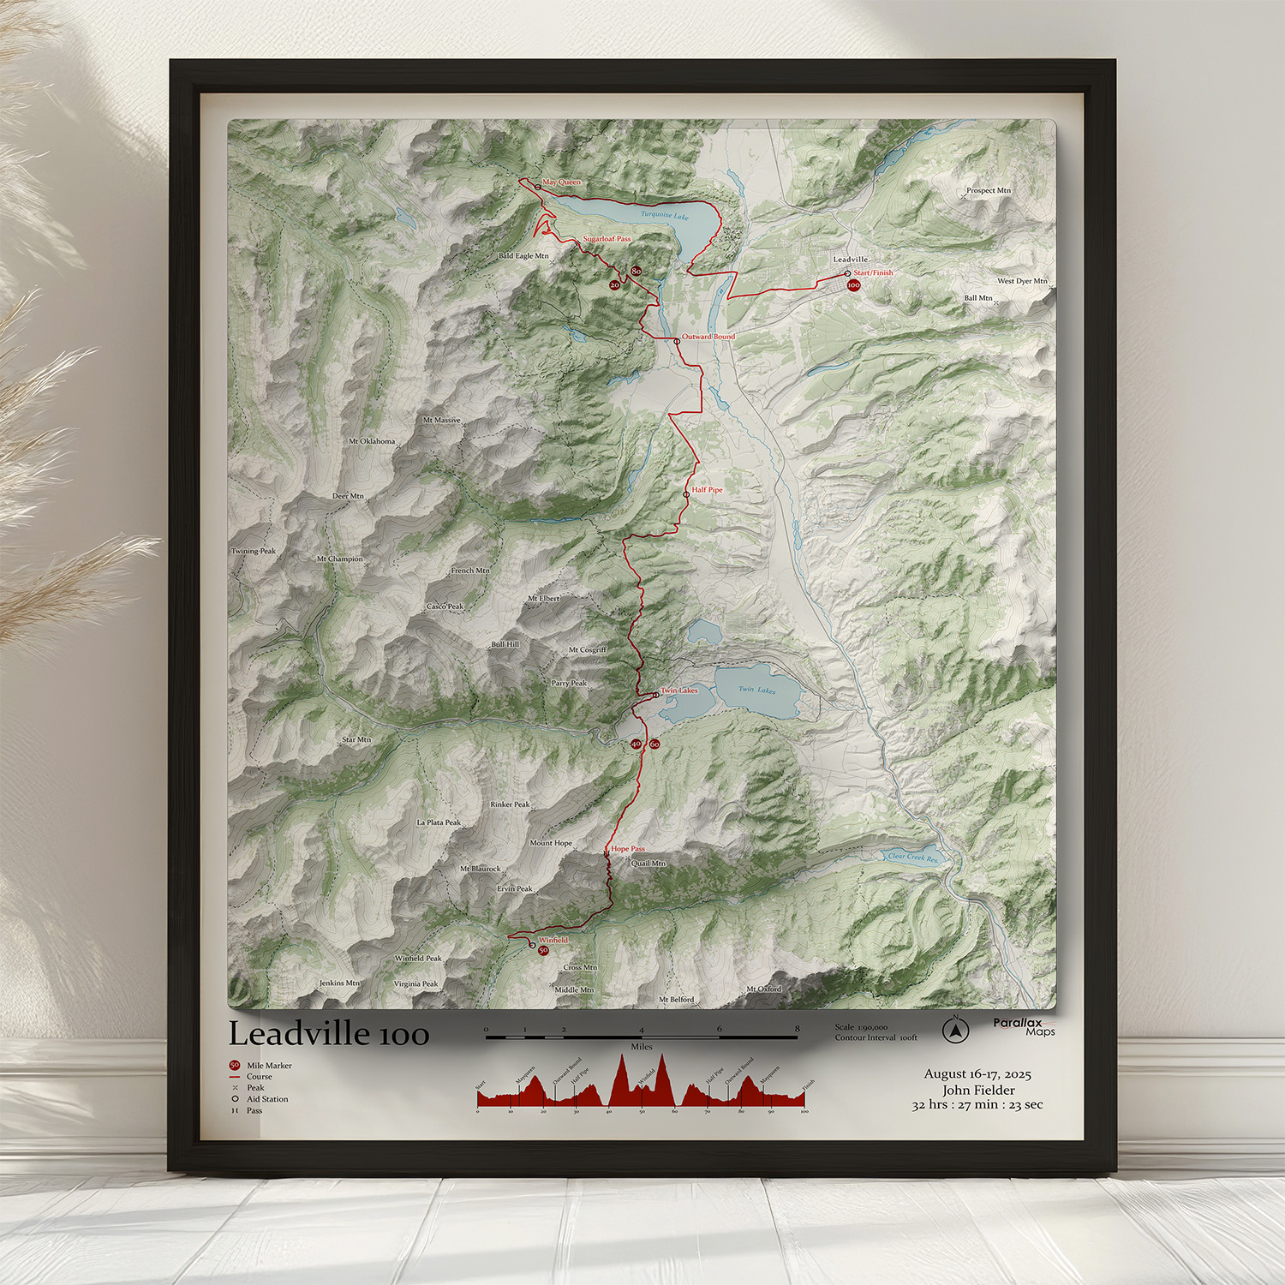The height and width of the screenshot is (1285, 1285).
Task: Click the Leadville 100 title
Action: click(328, 1034)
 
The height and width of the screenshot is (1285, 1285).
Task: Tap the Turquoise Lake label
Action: click(665, 215)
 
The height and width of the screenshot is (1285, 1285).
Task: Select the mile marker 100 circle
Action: click(853, 285)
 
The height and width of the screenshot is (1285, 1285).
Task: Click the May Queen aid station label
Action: click(561, 182)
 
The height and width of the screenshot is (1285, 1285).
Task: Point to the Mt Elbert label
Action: click(544, 599)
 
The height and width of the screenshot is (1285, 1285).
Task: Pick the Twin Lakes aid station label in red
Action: click(679, 690)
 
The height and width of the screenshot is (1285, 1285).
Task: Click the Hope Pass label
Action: click(628, 849)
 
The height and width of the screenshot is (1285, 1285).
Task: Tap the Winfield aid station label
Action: click(553, 940)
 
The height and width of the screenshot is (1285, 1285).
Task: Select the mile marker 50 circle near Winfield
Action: click(543, 950)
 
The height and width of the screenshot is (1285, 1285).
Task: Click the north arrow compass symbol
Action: click(955, 1031)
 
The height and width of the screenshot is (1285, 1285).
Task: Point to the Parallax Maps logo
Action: click(1024, 1026)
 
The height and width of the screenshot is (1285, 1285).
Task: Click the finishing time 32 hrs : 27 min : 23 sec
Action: click(977, 1105)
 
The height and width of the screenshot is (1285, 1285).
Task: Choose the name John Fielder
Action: click(978, 1090)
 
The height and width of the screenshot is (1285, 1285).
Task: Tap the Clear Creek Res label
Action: click(912, 857)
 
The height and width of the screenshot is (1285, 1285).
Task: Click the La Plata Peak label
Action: click(439, 822)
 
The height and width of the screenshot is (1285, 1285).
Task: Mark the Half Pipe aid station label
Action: click(708, 490)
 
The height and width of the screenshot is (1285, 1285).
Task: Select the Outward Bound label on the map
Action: click(708, 337)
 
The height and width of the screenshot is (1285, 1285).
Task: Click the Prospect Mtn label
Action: click(989, 190)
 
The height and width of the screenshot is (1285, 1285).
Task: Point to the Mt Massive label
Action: click(442, 420)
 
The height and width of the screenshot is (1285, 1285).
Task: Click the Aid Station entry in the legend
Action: click(267, 1099)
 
